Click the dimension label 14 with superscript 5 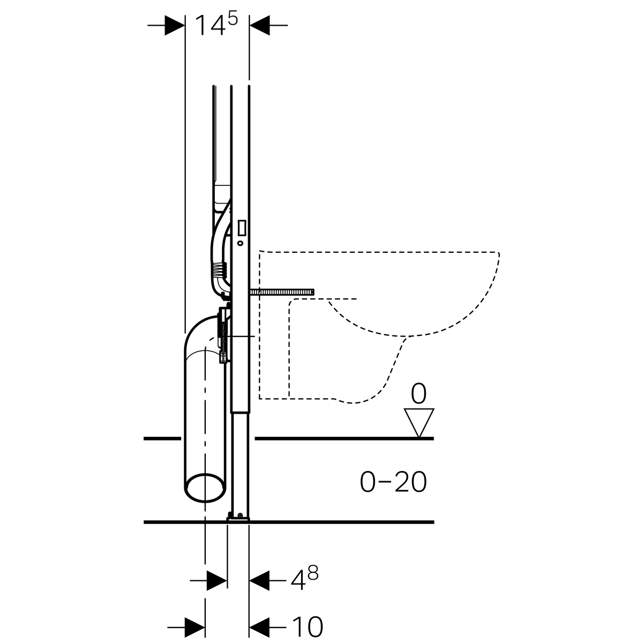pos(216,24)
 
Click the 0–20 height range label pos(393,482)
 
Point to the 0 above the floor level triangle pos(418,394)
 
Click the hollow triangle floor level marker pos(419,423)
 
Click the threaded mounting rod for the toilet pos(282,293)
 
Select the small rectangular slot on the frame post pos(242,228)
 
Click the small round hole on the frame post pos(241,243)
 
